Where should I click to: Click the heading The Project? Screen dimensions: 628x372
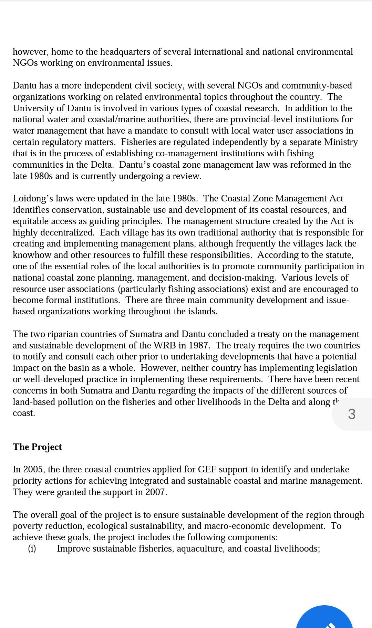(37, 447)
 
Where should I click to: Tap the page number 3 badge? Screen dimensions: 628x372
(351, 414)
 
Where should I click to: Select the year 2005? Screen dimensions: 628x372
(35, 470)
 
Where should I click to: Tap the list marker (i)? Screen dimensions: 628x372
(32, 548)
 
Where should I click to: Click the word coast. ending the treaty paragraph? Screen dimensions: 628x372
(24, 413)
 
